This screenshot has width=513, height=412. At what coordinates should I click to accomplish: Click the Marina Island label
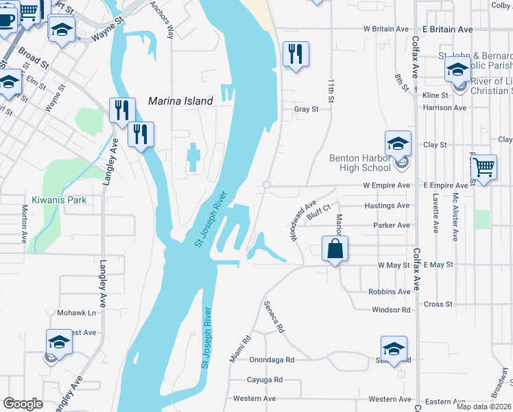point(180,101)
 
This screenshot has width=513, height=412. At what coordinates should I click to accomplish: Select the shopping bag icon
point(335,249)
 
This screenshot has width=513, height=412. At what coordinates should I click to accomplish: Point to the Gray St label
point(307,109)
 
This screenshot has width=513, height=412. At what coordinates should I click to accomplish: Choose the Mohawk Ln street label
point(72,312)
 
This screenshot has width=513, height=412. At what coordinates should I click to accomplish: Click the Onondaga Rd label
point(272,359)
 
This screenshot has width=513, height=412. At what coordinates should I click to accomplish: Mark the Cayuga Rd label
point(265,379)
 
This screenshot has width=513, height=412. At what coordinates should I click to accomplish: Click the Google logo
point(23,404)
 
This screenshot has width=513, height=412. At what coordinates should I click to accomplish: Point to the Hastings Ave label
point(391,205)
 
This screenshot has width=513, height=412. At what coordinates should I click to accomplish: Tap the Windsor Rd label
point(391,310)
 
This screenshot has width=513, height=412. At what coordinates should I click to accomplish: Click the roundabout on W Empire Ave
point(266,185)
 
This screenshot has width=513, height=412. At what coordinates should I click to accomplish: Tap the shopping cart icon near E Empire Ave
point(484,166)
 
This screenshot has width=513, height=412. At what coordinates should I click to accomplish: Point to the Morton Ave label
point(24,220)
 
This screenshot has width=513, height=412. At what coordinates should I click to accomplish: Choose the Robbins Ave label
point(389,292)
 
